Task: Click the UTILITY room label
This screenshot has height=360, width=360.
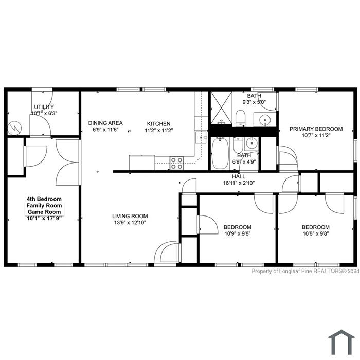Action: (44, 107)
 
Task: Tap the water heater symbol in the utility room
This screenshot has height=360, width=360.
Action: (14, 128)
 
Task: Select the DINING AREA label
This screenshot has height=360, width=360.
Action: (105, 123)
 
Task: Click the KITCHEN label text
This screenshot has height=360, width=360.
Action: (158, 124)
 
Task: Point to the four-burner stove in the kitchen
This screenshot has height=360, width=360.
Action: (177, 163)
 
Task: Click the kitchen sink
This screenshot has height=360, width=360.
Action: (201, 137)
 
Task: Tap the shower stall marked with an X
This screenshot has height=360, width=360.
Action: (221, 107)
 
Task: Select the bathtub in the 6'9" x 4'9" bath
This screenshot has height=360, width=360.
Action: (220, 153)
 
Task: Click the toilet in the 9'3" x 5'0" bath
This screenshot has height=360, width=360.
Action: (240, 118)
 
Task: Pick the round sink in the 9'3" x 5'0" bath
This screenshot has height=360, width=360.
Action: (265, 120)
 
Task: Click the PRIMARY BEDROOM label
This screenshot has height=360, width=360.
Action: (316, 129)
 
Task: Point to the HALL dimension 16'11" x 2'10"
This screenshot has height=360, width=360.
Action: (239, 183)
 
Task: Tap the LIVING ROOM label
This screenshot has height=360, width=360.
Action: (130, 216)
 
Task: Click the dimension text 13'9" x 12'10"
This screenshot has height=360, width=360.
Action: (130, 222)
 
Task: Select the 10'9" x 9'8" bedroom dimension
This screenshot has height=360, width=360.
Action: (238, 233)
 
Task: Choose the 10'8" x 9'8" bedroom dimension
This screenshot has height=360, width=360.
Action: (316, 233)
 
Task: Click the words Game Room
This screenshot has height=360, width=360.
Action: (44, 212)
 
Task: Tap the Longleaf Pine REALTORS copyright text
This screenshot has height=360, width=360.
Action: (305, 271)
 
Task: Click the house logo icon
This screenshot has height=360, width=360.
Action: (341, 342)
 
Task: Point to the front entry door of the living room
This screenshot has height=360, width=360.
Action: (167, 252)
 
